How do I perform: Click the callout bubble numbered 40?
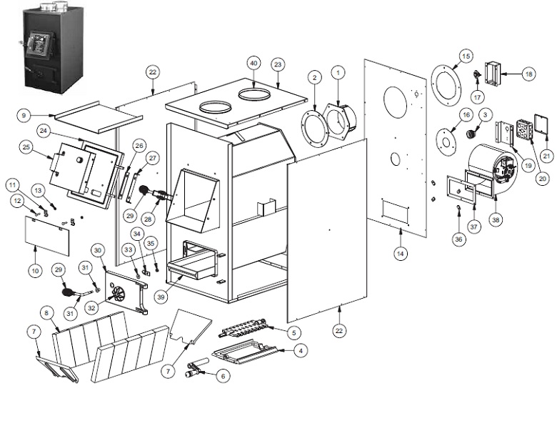pyautogui.click(x=253, y=64)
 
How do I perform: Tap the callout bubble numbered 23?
pyautogui.click(x=278, y=64)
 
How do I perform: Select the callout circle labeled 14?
pyautogui.click(x=401, y=253)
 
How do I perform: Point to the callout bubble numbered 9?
pyautogui.click(x=24, y=114)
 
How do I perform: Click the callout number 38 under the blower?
pyautogui.click(x=496, y=222)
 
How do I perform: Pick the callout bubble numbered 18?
pyautogui.click(x=528, y=73)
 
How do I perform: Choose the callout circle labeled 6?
pyautogui.click(x=222, y=375)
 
